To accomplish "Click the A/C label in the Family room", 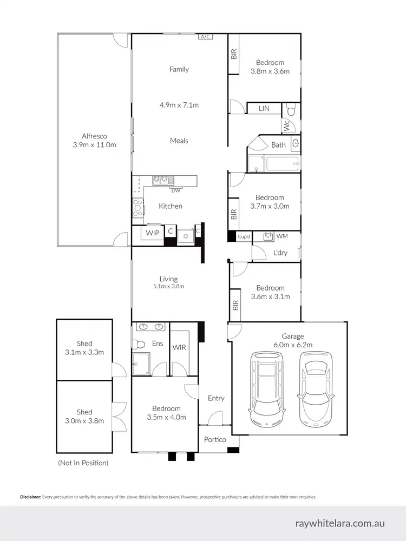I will pos(205,37).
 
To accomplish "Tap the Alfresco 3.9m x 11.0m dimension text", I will pos(95,145).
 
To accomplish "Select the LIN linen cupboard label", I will pos(264,109).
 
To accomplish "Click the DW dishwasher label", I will pos(175,190).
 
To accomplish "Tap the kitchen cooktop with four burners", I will pos(137,206).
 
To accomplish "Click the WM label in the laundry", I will pos(282,236).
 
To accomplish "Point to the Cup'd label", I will pos(244,237).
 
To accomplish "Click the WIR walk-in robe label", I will pos(179,347).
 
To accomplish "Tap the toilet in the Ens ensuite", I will pos(138,344).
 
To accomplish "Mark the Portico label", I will pos(215,439).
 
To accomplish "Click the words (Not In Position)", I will pos(83,463).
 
